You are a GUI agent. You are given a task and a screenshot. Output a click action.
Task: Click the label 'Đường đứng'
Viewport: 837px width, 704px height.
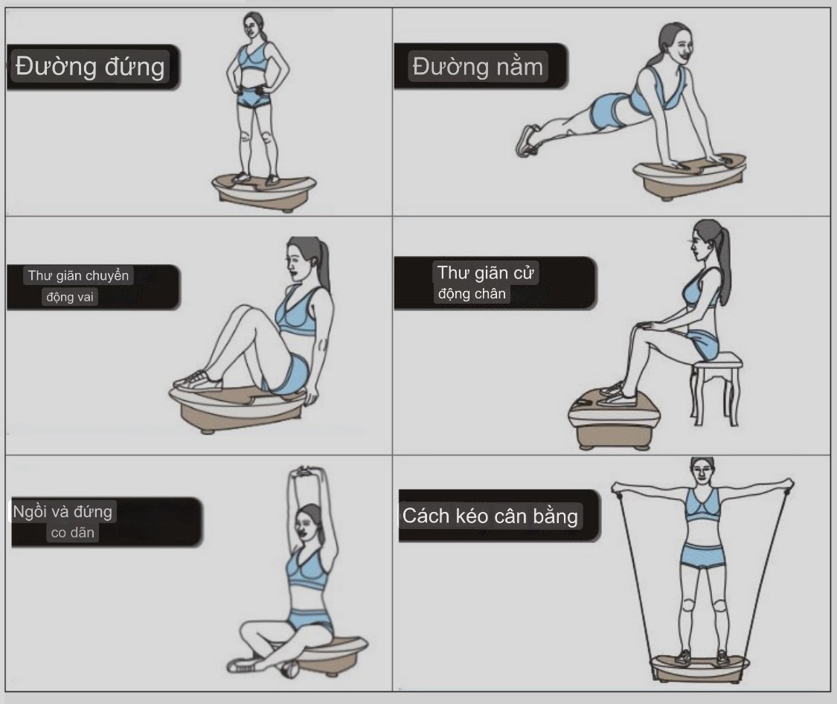pos(90,67)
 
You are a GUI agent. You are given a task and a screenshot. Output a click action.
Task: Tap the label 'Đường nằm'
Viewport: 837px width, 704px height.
pos(478,67)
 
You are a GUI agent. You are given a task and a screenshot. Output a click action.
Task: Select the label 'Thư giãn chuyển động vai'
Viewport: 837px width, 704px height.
pos(78,286)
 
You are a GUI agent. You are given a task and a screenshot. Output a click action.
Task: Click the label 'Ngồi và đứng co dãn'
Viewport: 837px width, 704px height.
pos(62,522)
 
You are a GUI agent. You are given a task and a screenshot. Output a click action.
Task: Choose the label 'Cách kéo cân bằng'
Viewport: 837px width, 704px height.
pos(490,516)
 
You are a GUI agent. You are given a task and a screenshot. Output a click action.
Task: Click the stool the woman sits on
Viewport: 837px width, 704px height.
pos(716,387)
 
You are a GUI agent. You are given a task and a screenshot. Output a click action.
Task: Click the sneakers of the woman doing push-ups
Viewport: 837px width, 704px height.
pos(528,141)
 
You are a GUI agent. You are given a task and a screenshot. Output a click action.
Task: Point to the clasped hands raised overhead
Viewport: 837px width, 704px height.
pos(304,473)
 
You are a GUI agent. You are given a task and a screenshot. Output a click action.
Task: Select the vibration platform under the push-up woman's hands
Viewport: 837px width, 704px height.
pos(689,176)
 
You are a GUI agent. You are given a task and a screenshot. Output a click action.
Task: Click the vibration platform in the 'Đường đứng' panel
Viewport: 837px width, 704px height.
pos(265,192)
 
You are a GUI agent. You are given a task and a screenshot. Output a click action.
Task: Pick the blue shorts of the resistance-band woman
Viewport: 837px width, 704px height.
pos(703,556)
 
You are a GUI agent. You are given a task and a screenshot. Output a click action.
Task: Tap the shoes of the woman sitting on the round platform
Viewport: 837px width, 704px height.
pos(198,381)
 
